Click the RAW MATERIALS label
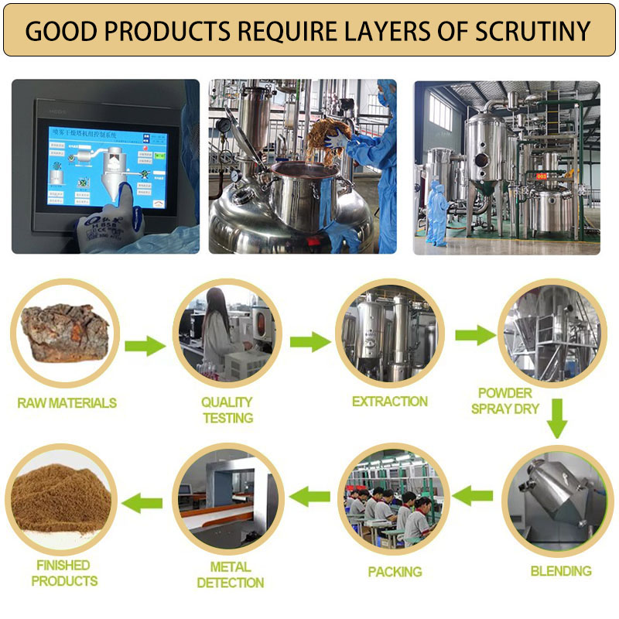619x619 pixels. pos(67,402)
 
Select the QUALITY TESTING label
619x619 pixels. pos(227,410)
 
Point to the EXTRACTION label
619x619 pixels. pos(389,402)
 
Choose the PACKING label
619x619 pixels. pos(395,572)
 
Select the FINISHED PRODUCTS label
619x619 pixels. pos(65,573)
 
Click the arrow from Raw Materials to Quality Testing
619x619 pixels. pos(145,344)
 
